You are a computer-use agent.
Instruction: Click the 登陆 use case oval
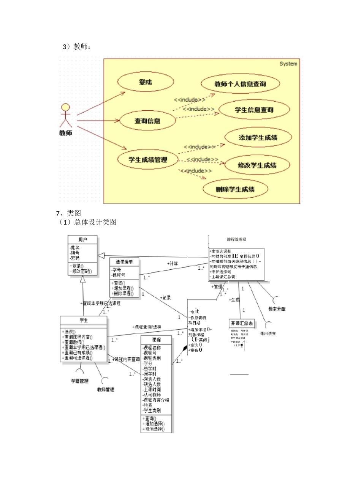[146, 82]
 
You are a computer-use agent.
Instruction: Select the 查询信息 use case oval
[147, 121]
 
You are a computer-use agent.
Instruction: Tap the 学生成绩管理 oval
[148, 160]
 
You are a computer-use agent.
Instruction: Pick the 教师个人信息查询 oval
[240, 84]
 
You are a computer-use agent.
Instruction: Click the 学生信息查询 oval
[254, 110]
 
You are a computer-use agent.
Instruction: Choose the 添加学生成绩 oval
[258, 138]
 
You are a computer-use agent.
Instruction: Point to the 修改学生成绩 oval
[257, 165]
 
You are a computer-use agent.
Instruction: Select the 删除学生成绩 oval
[235, 189]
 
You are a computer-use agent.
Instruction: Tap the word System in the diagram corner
[288, 64]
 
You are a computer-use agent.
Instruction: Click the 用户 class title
[83, 239]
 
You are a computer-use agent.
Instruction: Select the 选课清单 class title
[124, 262]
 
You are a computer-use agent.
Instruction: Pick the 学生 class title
[84, 320]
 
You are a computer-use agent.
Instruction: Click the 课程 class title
[156, 340]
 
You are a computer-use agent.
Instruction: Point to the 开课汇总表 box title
[242, 323]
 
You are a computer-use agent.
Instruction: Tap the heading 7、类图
[68, 213]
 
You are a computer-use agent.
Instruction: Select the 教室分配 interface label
[277, 309]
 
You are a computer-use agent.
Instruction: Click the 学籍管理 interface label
[80, 381]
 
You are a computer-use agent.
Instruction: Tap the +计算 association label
[172, 263]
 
